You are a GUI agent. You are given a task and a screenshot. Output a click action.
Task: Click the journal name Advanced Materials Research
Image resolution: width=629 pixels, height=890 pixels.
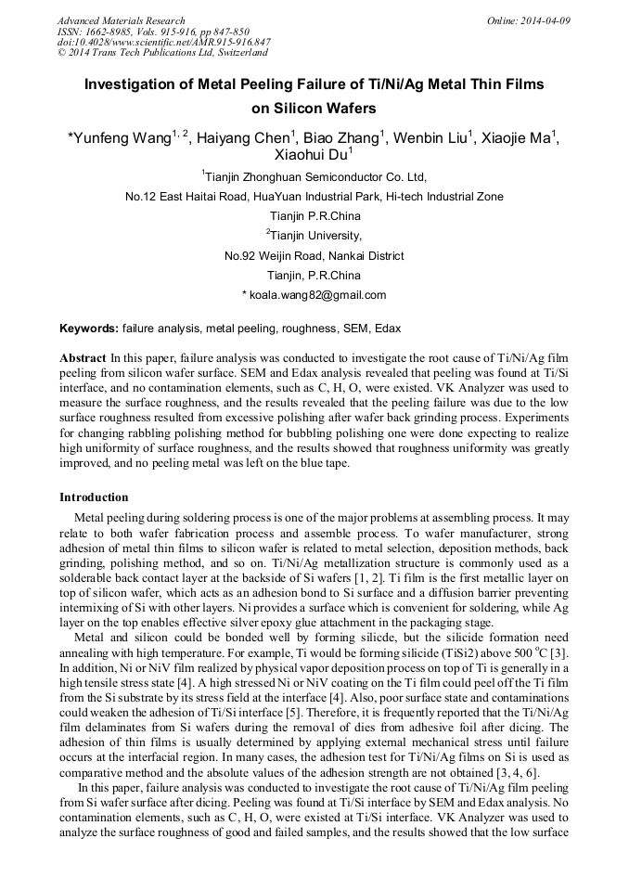coord(121,20)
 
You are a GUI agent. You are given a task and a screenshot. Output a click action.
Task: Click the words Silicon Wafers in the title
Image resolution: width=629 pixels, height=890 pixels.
coord(314,108)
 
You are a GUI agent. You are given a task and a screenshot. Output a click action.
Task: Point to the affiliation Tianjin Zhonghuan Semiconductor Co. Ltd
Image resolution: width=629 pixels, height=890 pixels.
coord(315,176)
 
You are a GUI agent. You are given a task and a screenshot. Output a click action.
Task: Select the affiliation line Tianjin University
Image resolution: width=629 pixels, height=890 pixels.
coord(315,236)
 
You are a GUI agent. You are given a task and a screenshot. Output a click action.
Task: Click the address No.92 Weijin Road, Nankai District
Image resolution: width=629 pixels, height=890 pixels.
coord(314,255)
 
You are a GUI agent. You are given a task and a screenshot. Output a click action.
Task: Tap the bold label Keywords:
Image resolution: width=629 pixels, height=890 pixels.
coord(89,329)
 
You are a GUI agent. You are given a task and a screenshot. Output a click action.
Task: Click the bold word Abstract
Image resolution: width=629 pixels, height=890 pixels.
coord(83,357)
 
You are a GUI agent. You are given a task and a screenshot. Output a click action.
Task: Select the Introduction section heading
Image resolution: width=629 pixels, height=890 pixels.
coord(94,497)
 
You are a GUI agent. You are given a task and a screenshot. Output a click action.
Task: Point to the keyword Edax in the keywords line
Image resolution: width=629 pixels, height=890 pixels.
coord(385,329)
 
